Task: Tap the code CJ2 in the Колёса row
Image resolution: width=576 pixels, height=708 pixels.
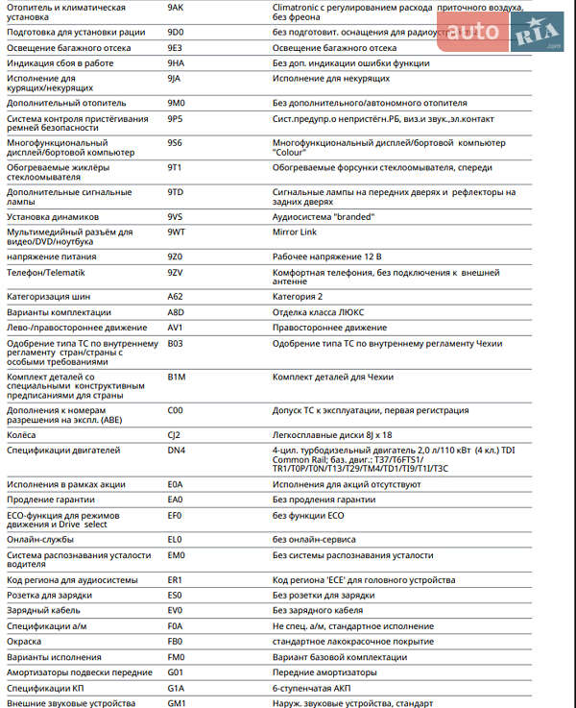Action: click(174, 434)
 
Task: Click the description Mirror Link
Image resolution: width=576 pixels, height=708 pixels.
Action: click(295, 232)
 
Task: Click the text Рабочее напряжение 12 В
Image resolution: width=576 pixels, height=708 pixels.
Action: click(326, 256)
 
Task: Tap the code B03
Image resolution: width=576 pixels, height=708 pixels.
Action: click(175, 343)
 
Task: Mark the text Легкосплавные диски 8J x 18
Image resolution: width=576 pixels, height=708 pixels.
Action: click(332, 434)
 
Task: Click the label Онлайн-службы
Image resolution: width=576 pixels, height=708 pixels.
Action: click(40, 539)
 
